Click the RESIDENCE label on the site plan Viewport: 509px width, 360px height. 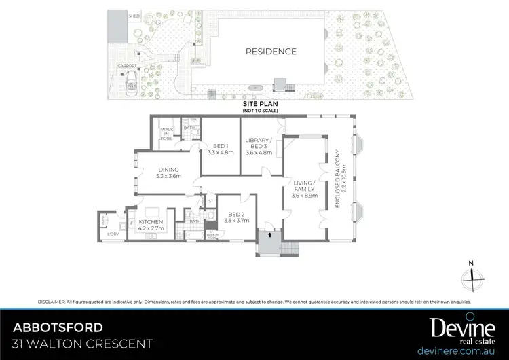tap(271, 51)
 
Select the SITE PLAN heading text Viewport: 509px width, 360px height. tap(261, 104)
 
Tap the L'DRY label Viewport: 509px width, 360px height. tap(113, 234)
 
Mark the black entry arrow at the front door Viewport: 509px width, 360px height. tap(269, 235)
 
